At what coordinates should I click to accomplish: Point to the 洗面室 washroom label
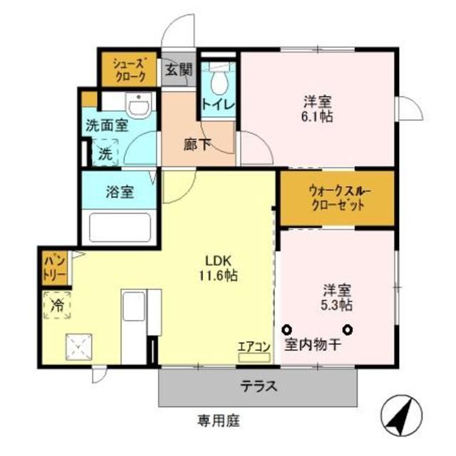107,126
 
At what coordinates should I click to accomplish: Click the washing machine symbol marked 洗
105,152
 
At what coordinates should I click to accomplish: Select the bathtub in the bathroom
118,229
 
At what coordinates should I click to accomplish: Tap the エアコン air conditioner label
254,347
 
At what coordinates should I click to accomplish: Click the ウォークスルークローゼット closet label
336,197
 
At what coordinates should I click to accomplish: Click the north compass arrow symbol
403,415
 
